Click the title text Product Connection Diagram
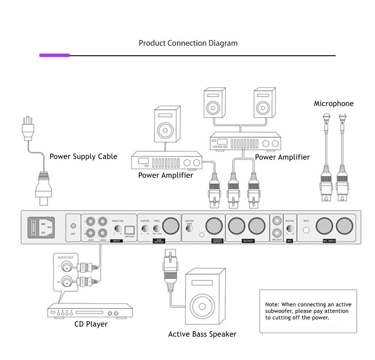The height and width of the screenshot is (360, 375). [188, 43]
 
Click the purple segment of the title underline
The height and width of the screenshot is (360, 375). [54, 55]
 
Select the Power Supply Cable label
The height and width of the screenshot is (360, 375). [83, 157]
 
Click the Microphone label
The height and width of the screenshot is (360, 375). [333, 103]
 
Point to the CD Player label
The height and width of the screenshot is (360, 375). [91, 324]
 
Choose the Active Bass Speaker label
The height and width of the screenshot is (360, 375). [202, 334]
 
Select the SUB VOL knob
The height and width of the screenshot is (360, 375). [144, 228]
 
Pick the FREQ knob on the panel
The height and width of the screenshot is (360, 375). [156, 228]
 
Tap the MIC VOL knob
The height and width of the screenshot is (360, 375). [289, 228]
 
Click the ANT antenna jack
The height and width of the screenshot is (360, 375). [73, 226]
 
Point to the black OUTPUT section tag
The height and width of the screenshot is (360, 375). [247, 241]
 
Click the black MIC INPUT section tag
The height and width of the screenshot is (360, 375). [329, 241]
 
